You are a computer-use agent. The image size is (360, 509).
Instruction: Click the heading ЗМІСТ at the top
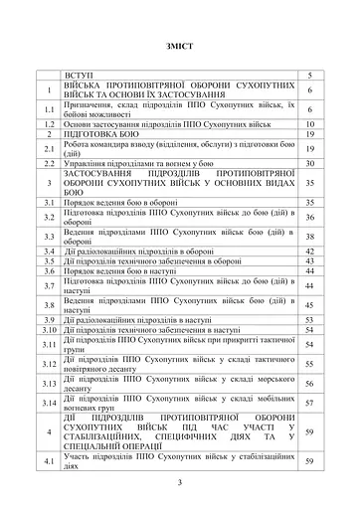tap(180, 47)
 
